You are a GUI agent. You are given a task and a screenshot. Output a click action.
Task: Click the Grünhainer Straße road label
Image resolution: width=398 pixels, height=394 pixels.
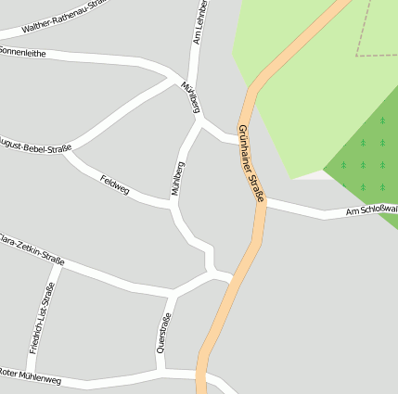[x=251, y=163]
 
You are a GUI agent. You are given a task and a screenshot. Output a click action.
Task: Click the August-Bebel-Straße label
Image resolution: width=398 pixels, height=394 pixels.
[x=35, y=146]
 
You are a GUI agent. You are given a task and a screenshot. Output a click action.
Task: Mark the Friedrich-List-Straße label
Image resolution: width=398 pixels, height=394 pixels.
[x=42, y=318]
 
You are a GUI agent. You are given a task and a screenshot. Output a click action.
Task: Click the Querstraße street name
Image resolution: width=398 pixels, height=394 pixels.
[x=165, y=334]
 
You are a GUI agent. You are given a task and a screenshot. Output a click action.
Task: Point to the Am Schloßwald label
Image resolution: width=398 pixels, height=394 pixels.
[x=370, y=211]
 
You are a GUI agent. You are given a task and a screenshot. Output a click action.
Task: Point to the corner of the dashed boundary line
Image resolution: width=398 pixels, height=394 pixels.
[x=356, y=55]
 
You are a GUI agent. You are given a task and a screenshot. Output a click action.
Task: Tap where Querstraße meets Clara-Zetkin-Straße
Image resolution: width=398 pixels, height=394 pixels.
[x=171, y=295]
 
